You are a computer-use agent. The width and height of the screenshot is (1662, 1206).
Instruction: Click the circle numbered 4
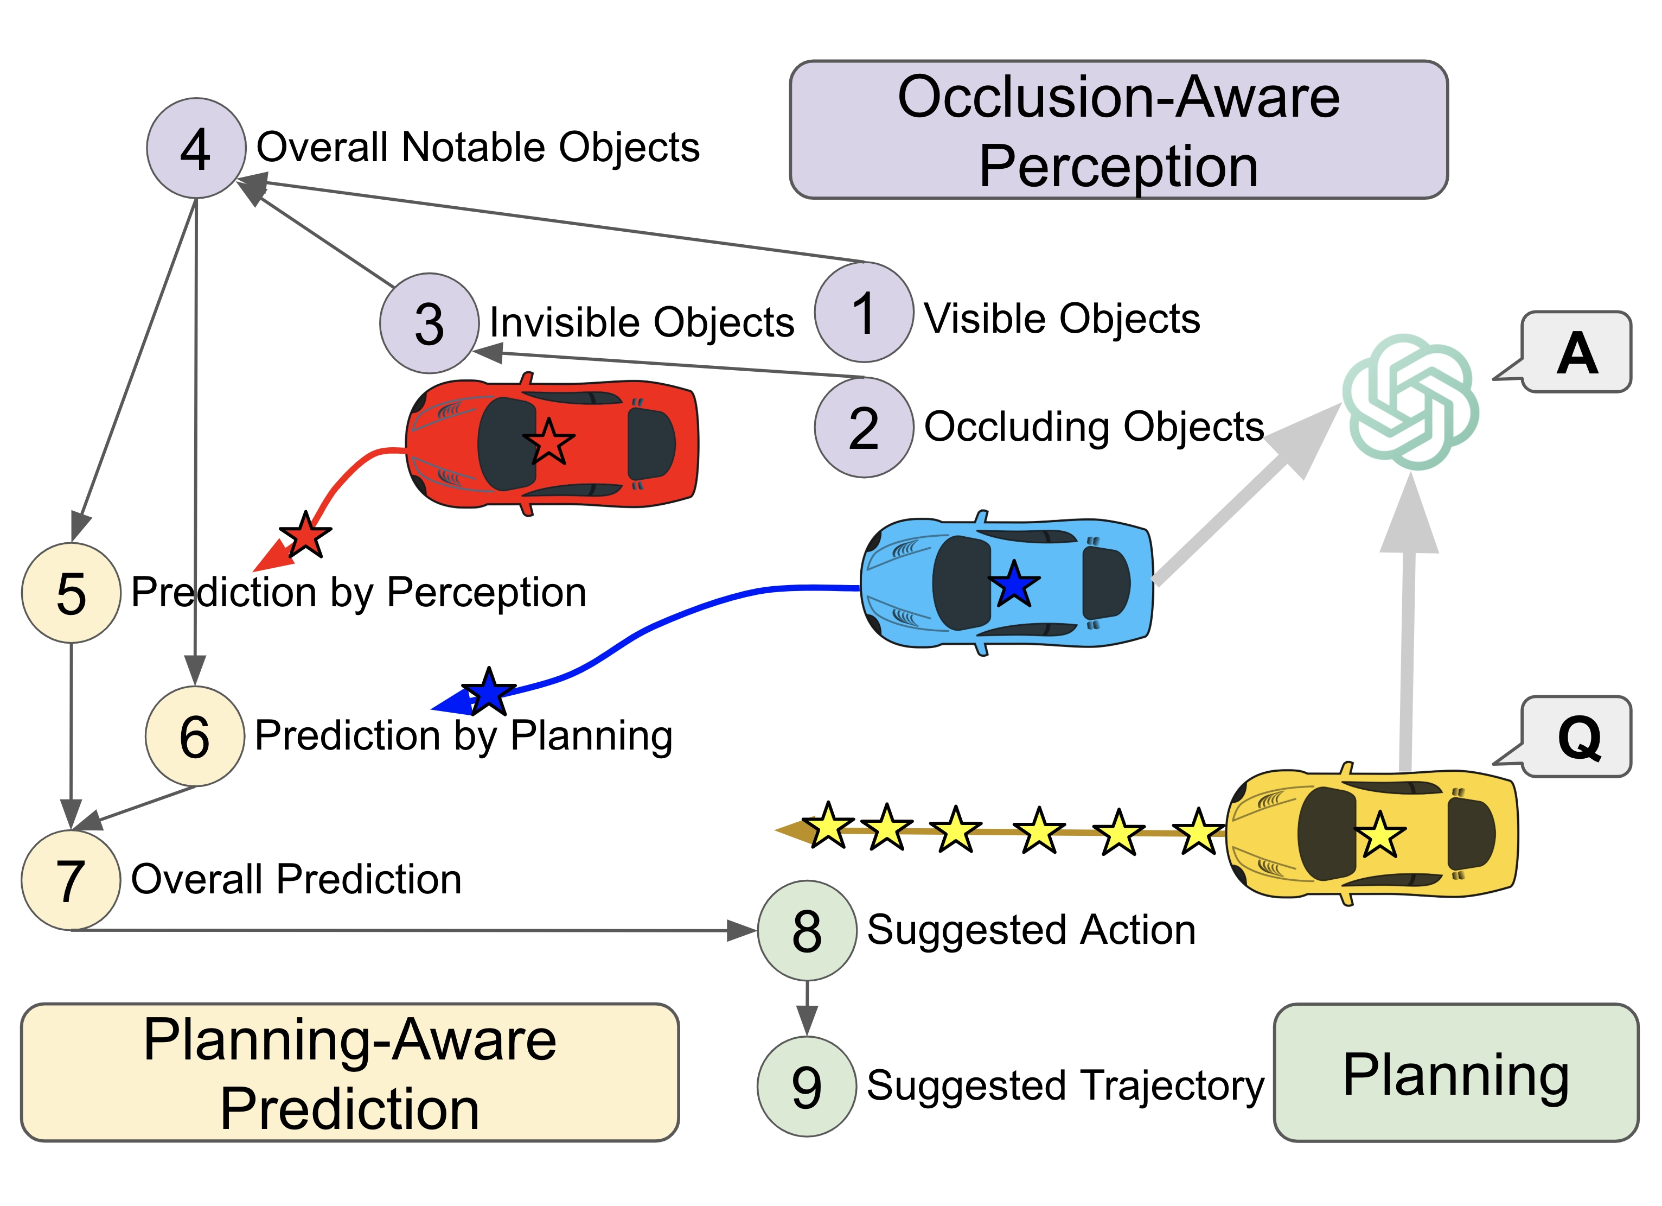click(x=196, y=148)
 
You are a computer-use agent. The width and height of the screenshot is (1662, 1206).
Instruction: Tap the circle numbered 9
click(x=807, y=1087)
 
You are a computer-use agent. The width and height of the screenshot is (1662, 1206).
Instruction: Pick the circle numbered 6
click(x=195, y=736)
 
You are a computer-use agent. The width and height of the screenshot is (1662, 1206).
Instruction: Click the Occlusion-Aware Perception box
click(x=1118, y=130)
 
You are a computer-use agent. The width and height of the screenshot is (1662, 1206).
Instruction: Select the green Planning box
click(x=1455, y=1072)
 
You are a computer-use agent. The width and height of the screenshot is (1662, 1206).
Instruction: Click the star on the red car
click(x=548, y=442)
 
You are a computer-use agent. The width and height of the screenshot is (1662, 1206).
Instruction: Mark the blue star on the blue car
click(x=1013, y=585)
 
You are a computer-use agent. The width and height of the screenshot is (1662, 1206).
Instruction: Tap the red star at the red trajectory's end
click(x=305, y=535)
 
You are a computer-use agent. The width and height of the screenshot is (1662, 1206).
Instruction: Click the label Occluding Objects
click(x=1094, y=427)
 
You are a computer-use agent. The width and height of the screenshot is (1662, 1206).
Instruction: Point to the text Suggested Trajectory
click(x=1065, y=1086)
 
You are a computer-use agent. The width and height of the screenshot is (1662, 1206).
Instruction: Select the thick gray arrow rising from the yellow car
click(x=1407, y=631)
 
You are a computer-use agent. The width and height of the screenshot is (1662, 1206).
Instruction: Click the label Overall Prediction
click(x=296, y=879)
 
